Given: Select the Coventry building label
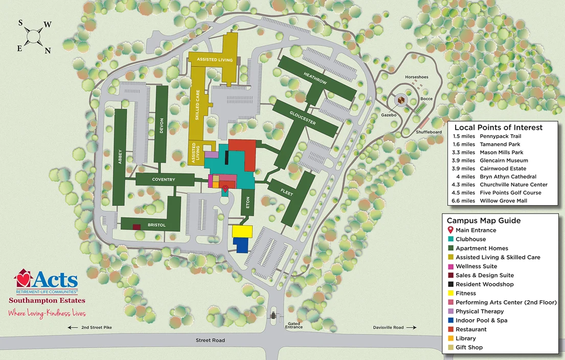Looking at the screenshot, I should (x=164, y=179).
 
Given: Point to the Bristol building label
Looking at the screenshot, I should (x=156, y=224).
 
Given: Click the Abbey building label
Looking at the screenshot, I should (x=120, y=156).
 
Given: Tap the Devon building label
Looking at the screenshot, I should (x=161, y=126).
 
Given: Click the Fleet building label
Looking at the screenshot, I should (x=287, y=191).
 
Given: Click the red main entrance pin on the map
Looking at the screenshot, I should (x=225, y=189).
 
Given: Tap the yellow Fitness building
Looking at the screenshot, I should (x=242, y=231).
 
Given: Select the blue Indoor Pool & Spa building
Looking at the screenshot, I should (x=242, y=245).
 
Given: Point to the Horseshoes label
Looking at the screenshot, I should (x=416, y=77).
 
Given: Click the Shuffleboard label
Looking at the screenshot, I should (x=428, y=132).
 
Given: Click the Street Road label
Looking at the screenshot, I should (x=210, y=340).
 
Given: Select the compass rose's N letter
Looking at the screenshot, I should (x=48, y=50).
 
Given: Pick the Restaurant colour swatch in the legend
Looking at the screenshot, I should (x=450, y=329).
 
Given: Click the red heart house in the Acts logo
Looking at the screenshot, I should (x=24, y=279).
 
